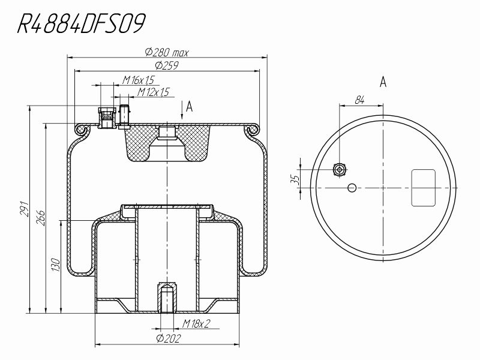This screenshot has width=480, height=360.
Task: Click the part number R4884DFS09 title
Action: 81,23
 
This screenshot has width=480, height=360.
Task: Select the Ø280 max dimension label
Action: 167,52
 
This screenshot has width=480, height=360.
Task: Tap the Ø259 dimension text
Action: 167,65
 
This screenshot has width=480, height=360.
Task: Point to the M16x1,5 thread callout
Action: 138,80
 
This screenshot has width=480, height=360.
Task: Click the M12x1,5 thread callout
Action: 153,92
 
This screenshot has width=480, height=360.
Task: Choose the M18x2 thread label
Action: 196,323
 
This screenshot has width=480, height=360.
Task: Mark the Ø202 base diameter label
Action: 169,338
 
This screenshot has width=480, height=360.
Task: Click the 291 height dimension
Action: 24,209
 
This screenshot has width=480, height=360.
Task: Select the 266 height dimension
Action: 41,218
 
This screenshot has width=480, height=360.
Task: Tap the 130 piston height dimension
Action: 56,265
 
